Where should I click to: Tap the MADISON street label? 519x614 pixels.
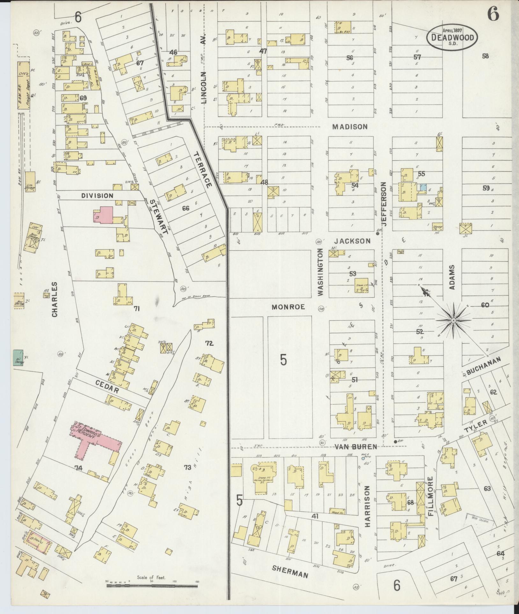[350, 126]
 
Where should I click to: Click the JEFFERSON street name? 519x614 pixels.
[384, 204]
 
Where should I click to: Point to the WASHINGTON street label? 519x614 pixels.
[320, 272]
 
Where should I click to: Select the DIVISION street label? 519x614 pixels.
[97, 196]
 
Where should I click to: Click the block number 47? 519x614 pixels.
[263, 51]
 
